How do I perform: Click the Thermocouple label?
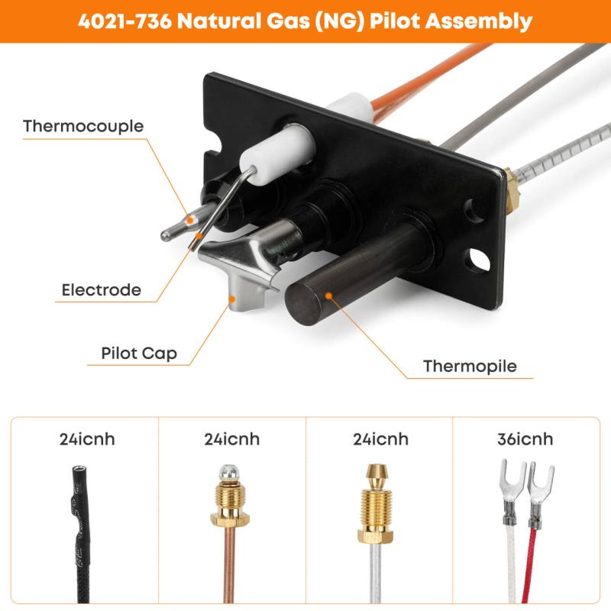(83, 126)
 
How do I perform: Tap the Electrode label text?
(102, 290)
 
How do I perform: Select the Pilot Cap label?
(139, 354)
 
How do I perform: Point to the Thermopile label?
(470, 367)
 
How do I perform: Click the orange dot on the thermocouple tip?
(189, 221)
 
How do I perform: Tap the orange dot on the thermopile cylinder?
(328, 296)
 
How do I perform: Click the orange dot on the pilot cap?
(232, 299)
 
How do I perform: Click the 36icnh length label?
(525, 439)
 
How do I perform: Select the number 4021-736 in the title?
(124, 21)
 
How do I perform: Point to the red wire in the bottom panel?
(529, 566)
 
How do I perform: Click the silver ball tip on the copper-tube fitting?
(228, 471)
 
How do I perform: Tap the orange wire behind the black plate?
(428, 81)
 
